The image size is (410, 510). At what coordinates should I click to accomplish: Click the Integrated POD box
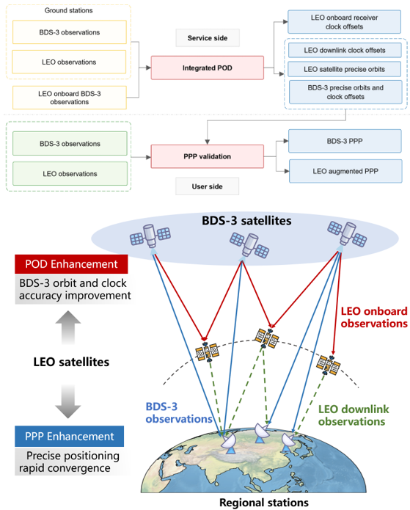coord(207,68)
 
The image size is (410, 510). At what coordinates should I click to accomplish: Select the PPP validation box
coord(207,156)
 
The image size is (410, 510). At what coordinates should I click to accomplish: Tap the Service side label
coord(208,37)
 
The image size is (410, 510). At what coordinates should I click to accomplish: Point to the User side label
coord(207,186)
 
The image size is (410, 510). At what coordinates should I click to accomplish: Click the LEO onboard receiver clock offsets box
coord(344,22)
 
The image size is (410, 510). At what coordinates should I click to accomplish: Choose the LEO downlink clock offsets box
coord(345,50)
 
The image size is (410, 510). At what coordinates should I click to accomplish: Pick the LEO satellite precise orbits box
coord(344,69)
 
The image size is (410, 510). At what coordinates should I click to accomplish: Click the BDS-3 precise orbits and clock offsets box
coord(345,92)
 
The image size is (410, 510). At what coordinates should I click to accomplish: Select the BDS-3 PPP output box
coord(345,141)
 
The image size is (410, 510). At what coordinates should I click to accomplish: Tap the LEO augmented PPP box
coord(345,171)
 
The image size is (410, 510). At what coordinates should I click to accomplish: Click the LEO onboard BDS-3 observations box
coord(70,98)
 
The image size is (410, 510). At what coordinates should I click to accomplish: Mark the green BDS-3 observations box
coord(70,143)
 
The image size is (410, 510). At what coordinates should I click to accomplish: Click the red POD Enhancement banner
coord(71,264)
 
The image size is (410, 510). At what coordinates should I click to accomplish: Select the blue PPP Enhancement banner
coord(69,436)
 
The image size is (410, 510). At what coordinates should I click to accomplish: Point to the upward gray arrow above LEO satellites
coord(68,327)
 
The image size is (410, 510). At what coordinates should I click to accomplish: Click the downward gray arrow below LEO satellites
coord(68,401)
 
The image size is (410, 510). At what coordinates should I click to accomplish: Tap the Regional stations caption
coord(264,503)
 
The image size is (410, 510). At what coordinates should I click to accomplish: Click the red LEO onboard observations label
coord(374,318)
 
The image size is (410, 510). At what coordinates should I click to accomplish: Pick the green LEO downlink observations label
coord(354,415)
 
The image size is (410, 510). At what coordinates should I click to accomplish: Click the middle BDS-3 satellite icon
coord(249,245)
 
